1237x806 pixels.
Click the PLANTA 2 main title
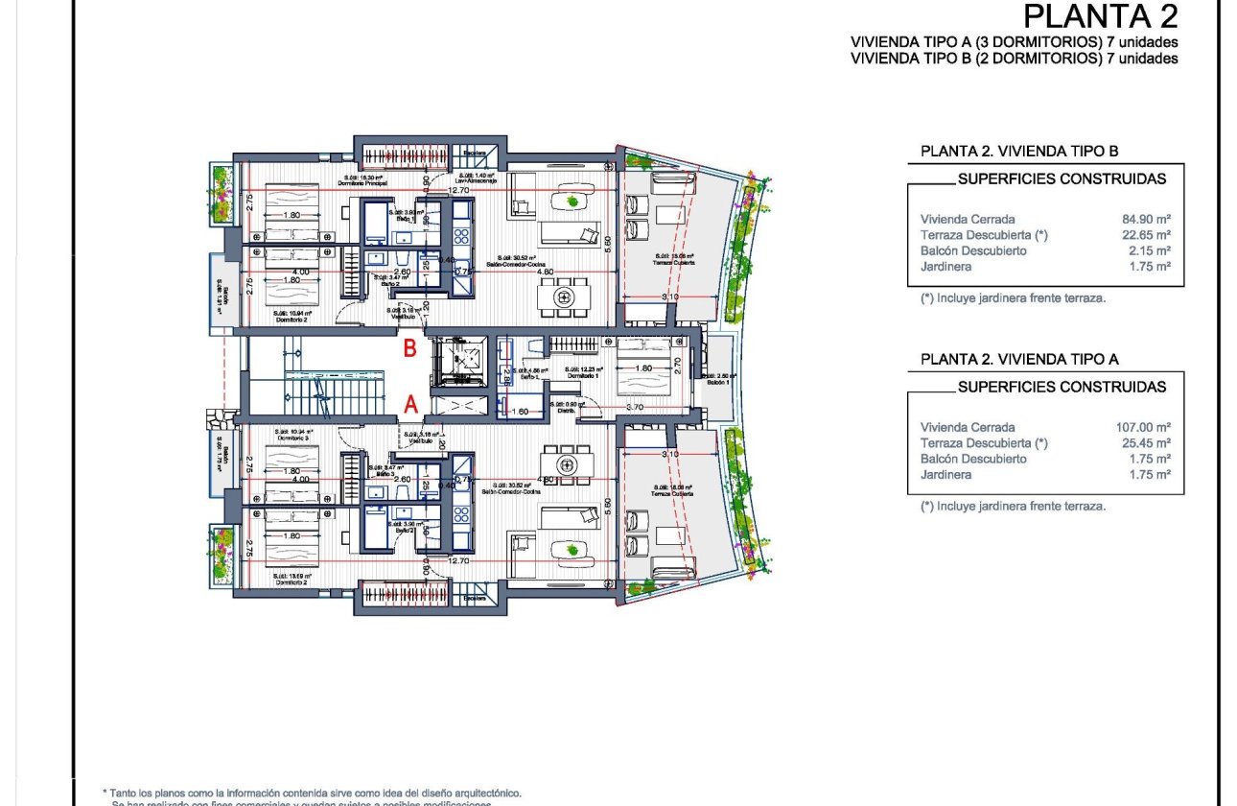(1100, 16)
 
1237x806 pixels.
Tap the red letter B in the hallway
(409, 349)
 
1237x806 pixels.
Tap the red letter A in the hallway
(409, 405)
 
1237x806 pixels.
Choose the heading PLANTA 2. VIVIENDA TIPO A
(1019, 359)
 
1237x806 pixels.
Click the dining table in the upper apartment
(565, 296)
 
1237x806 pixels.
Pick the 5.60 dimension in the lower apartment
(606, 503)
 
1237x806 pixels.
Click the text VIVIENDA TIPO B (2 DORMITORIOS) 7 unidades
(1014, 59)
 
